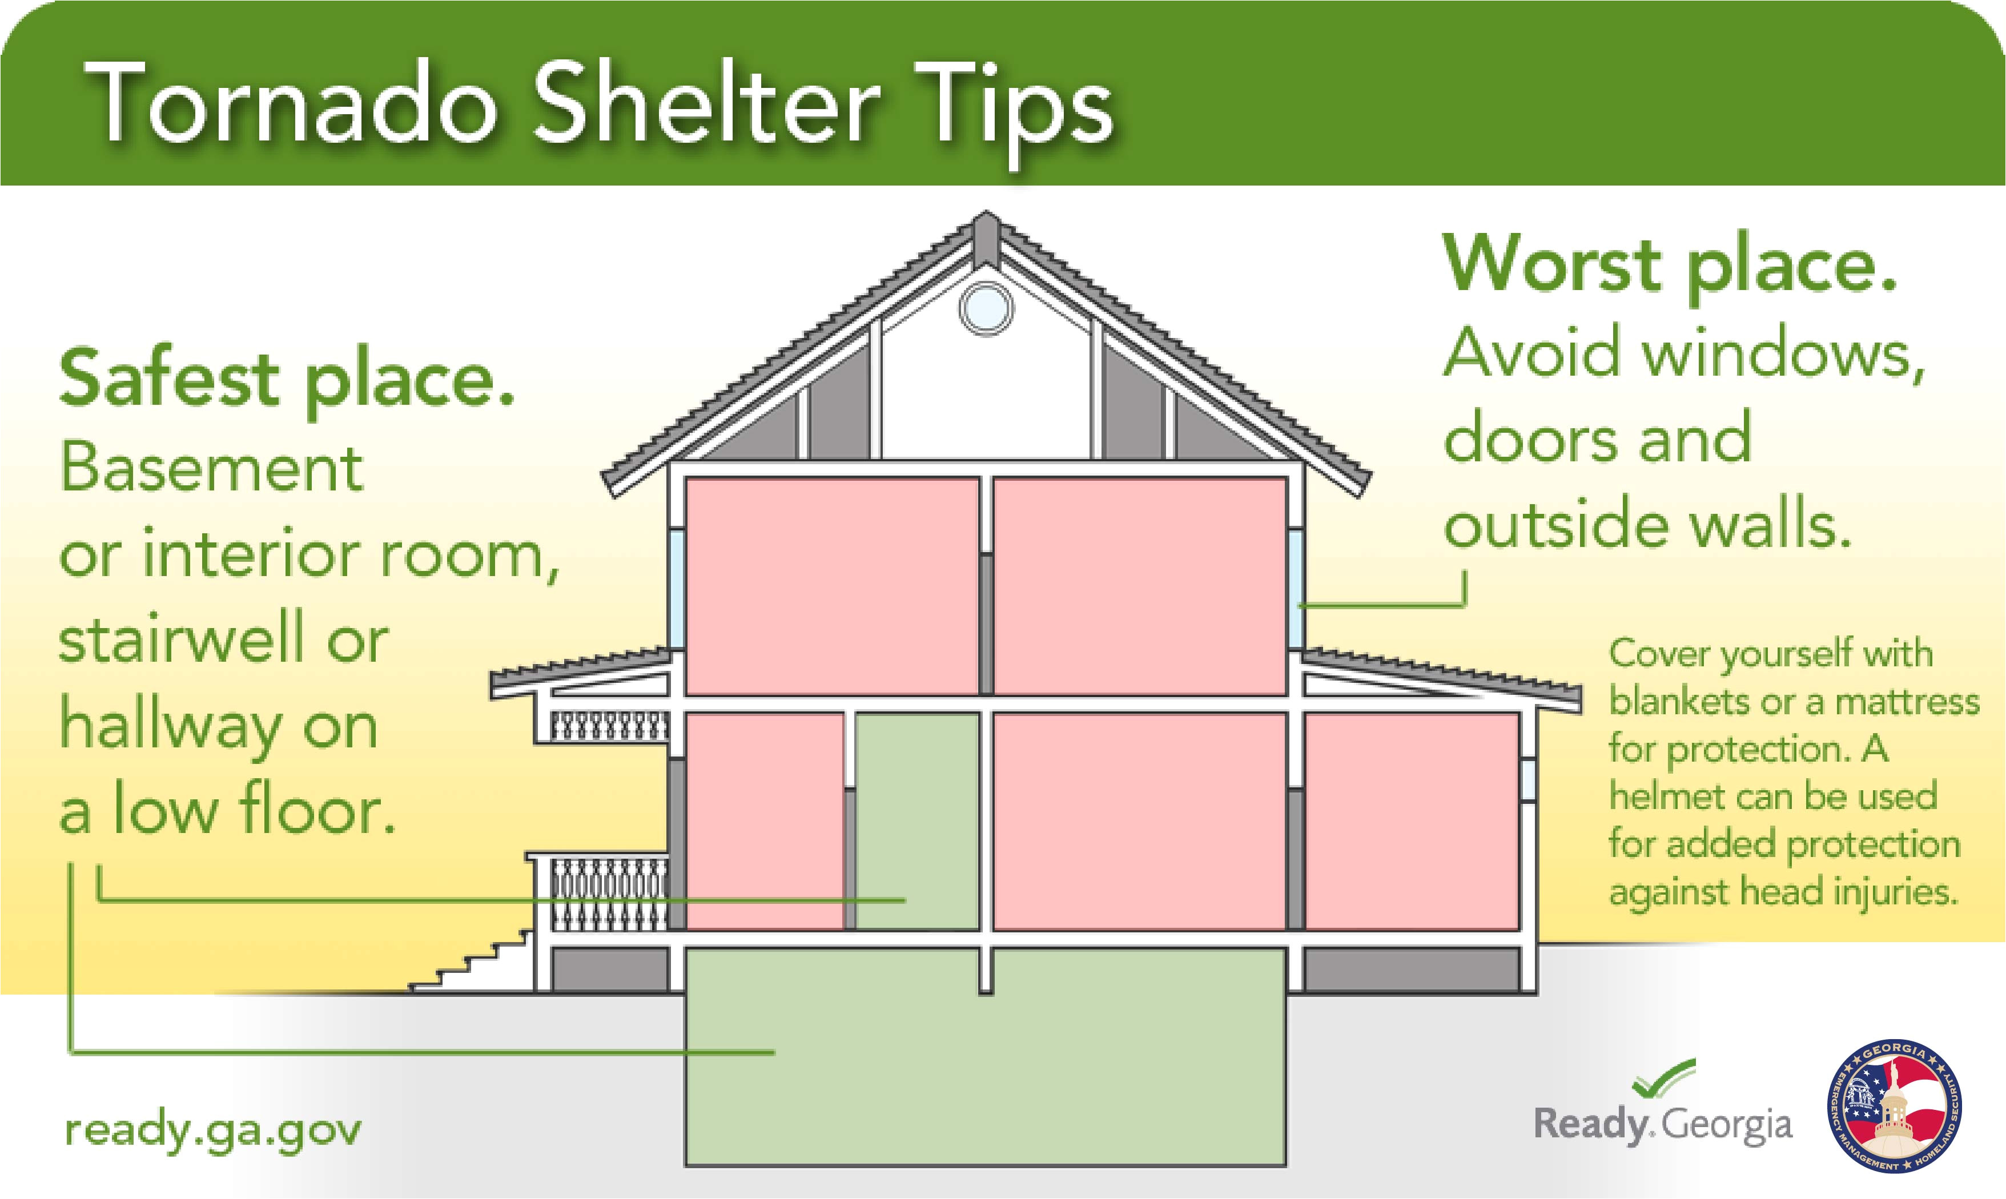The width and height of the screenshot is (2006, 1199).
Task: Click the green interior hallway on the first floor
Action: click(917, 821)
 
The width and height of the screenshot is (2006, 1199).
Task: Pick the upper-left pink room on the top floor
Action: click(831, 586)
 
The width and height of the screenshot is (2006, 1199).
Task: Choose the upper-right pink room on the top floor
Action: click(1139, 586)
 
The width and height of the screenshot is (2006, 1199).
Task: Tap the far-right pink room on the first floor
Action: click(1412, 821)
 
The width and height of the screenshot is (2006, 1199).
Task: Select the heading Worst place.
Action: click(1669, 266)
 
